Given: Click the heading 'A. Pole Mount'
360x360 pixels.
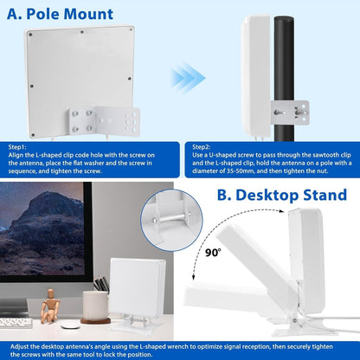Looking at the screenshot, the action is click(60, 14).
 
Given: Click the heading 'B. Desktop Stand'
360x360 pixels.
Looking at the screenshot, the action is click(282, 195).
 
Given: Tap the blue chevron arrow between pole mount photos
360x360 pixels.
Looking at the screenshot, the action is click(188, 78).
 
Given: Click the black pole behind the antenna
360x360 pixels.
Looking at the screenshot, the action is click(284, 78).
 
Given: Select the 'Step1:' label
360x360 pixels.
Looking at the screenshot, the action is click(17, 147).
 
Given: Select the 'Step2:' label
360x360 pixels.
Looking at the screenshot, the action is click(202, 147).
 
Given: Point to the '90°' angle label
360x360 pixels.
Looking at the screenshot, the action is click(213, 253).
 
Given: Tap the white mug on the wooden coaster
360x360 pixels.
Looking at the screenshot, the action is click(95, 305).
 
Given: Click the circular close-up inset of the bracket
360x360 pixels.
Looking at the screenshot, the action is click(171, 220).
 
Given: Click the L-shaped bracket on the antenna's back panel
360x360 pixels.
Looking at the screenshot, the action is click(104, 122).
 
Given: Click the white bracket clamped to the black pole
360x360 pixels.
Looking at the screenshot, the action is click(290, 112).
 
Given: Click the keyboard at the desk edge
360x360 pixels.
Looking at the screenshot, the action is click(16, 323).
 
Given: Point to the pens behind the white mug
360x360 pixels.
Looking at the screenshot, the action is click(101, 284).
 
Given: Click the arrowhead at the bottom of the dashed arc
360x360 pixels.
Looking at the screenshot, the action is click(194, 277).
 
